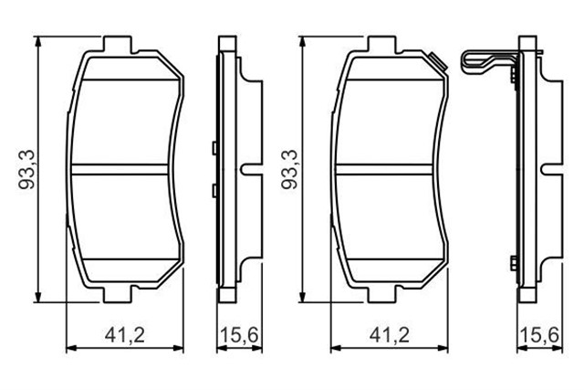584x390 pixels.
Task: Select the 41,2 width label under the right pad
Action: coord(388,335)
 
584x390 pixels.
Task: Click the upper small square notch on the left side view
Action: coord(213,147)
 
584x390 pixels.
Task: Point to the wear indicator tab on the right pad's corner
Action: coord(437,63)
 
